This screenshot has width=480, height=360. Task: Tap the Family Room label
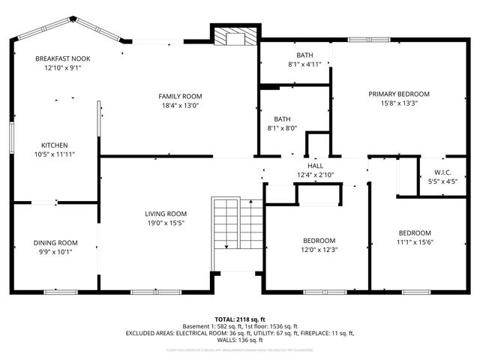(180, 96)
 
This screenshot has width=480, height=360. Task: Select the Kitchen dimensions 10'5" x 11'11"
(55, 154)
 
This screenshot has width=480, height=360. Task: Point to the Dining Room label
(55, 242)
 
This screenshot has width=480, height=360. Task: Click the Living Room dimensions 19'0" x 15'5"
(166, 223)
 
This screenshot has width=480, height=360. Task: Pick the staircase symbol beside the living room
(238, 233)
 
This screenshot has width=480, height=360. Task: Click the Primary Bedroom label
(398, 94)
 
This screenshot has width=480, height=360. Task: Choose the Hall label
(315, 165)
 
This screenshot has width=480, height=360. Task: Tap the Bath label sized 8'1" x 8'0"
(282, 118)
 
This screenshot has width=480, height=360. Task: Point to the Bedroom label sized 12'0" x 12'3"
(319, 241)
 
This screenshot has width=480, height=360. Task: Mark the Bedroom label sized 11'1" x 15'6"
(415, 232)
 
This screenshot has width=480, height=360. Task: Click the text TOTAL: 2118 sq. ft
(240, 319)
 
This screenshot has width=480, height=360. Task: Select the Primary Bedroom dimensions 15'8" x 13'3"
(398, 103)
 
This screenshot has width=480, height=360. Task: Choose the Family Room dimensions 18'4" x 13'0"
(180, 105)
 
